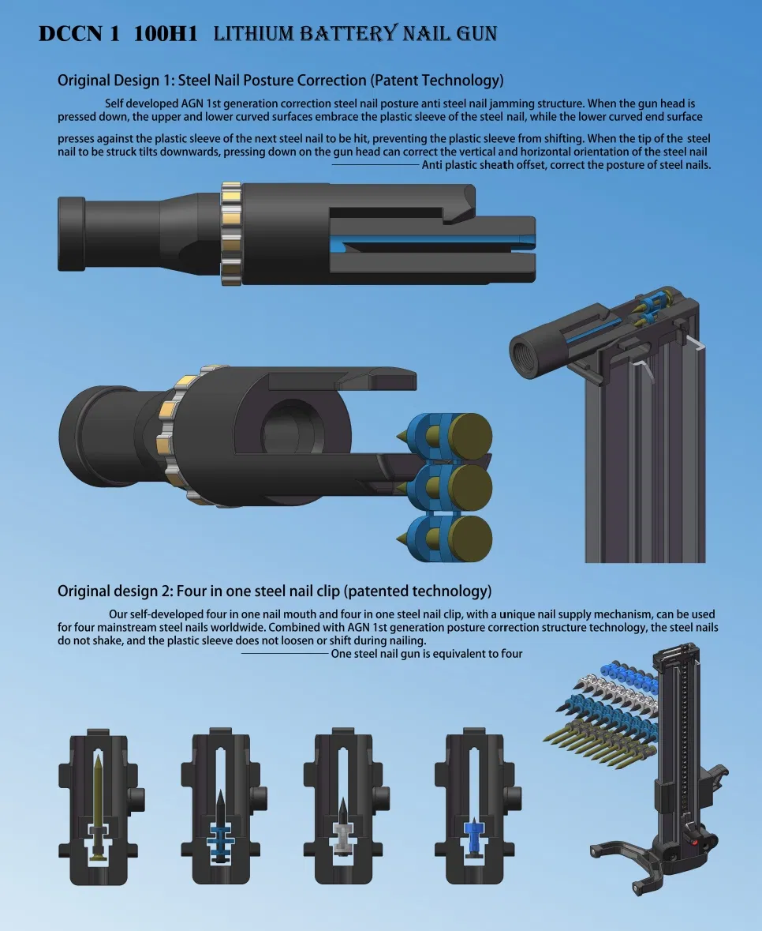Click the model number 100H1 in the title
tap(166, 33)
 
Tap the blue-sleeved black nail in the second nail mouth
tap(221, 825)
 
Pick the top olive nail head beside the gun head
tap(469, 436)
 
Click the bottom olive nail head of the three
tap(469, 539)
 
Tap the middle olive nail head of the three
tap(469, 487)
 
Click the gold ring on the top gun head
tap(230, 234)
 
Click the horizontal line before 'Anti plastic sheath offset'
tap(375, 164)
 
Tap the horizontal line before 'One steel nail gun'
tap(284, 653)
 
